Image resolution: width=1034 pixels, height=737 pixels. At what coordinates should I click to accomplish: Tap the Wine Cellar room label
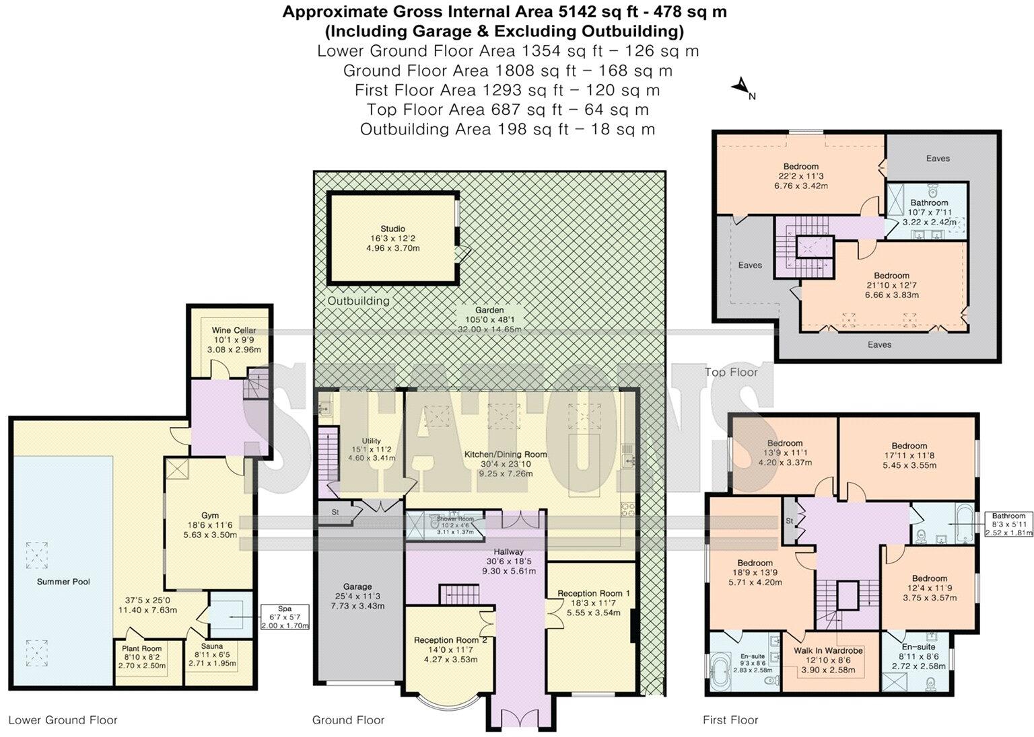point(234,330)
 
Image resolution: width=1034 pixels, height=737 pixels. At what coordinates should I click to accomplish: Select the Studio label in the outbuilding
point(393,229)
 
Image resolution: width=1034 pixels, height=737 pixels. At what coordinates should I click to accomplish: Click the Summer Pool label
point(64,582)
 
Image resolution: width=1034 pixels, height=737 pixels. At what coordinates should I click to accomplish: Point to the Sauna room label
point(212,646)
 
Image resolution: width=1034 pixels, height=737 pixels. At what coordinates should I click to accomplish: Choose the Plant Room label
point(142,648)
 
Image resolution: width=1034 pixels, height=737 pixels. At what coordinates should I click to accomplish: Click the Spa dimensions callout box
point(285,617)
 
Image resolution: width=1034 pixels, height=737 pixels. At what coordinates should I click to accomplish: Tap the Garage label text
point(357,586)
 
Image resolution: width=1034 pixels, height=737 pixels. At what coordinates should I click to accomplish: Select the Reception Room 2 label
point(450,640)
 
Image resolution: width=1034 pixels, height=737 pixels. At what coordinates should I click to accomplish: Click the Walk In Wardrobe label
point(828,651)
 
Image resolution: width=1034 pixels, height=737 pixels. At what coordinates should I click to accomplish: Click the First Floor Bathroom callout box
point(1008,524)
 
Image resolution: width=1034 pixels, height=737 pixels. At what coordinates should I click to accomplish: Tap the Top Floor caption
point(731,372)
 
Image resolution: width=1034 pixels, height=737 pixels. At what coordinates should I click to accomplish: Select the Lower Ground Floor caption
point(63,720)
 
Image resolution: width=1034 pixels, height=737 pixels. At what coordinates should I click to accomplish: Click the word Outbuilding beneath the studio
point(358,301)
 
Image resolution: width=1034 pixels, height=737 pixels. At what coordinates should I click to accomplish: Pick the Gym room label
point(210,516)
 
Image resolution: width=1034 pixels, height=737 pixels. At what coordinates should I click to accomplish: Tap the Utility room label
point(371,440)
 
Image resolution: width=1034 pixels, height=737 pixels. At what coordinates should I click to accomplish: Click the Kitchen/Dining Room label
point(506,455)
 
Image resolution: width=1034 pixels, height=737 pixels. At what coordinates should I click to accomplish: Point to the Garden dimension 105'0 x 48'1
point(489,319)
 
